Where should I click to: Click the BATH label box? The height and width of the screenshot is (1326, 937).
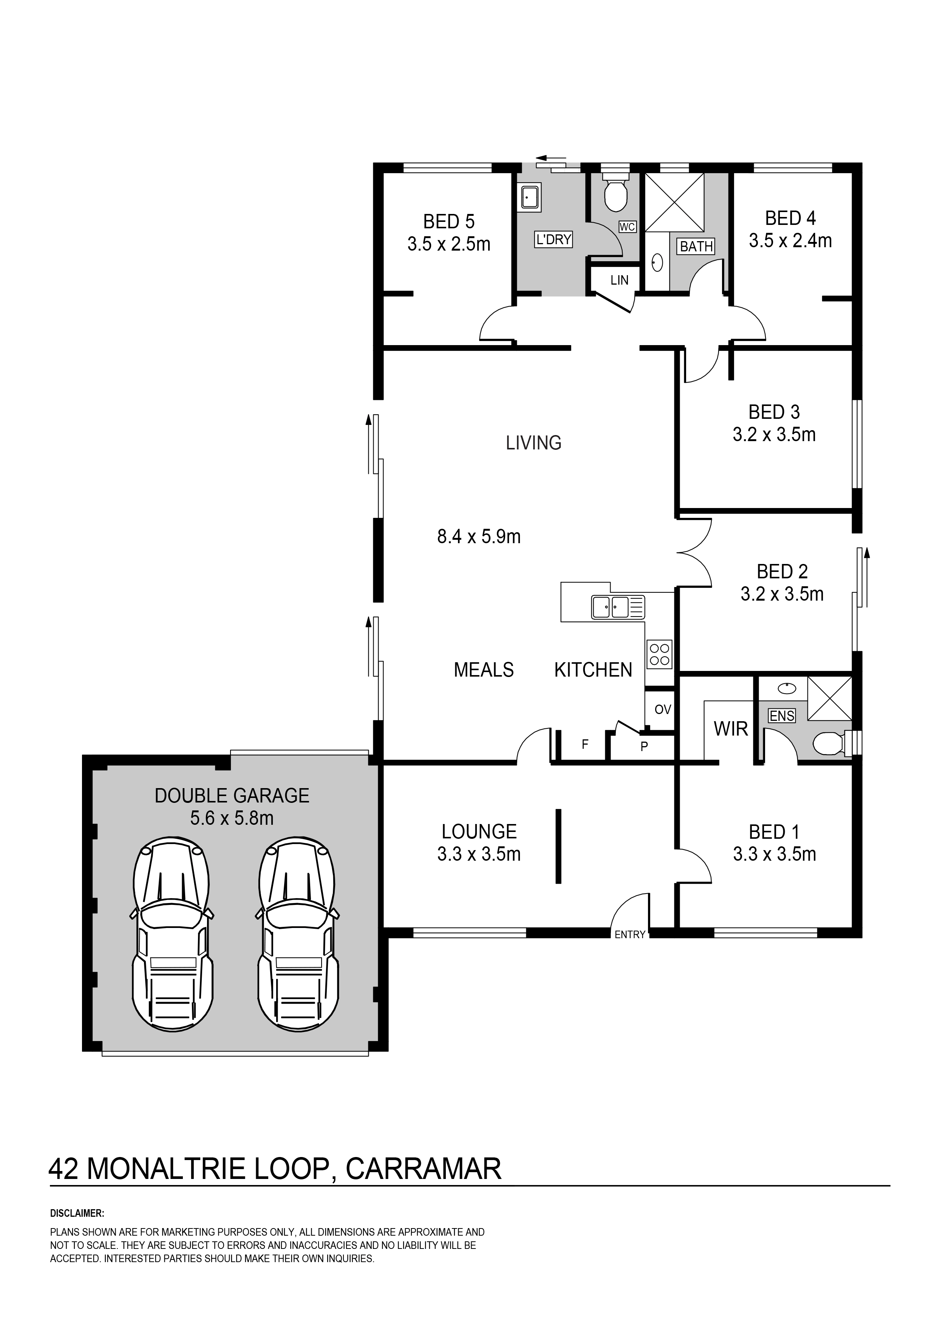[696, 246]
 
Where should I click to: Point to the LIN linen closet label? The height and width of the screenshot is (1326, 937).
[620, 281]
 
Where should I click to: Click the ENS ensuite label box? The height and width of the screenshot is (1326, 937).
[782, 716]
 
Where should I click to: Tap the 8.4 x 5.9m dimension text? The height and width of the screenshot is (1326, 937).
[479, 537]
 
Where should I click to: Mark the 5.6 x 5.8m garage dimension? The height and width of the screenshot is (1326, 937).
[232, 818]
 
